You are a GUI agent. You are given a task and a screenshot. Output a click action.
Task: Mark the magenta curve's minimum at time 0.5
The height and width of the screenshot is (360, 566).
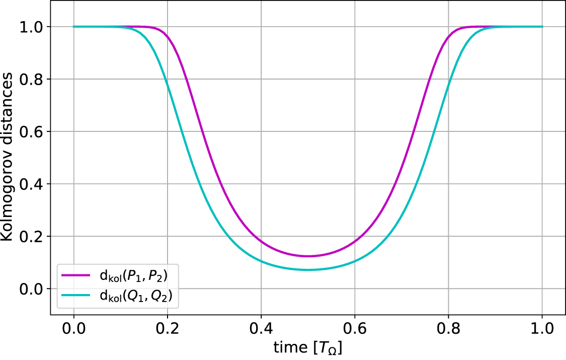(308, 256)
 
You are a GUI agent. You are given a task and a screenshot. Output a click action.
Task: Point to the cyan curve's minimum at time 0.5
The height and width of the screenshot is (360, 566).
(308, 270)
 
